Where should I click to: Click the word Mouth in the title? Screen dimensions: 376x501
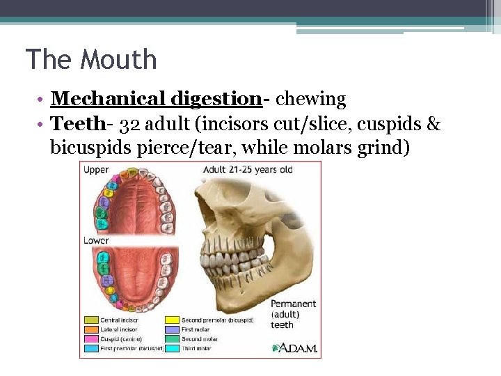click(119, 60)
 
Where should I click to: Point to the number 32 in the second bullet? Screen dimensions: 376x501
click(128, 125)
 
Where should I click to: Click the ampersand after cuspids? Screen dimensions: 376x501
click(433, 125)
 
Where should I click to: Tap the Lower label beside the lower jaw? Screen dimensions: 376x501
click(96, 241)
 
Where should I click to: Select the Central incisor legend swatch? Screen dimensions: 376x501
click(90, 320)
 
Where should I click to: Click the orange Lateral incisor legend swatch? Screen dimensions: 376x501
click(90, 329)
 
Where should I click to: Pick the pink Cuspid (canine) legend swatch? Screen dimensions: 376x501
click(90, 339)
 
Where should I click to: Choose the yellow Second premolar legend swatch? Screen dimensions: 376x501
click(172, 320)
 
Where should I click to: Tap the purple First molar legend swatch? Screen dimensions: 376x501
click(172, 329)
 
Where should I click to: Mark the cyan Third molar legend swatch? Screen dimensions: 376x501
click(172, 348)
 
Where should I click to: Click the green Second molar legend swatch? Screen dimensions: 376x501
click(172, 339)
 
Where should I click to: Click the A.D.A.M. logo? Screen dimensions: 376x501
click(295, 347)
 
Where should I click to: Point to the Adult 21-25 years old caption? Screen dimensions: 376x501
click(248, 169)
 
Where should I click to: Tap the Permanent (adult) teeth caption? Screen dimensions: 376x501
click(293, 314)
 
